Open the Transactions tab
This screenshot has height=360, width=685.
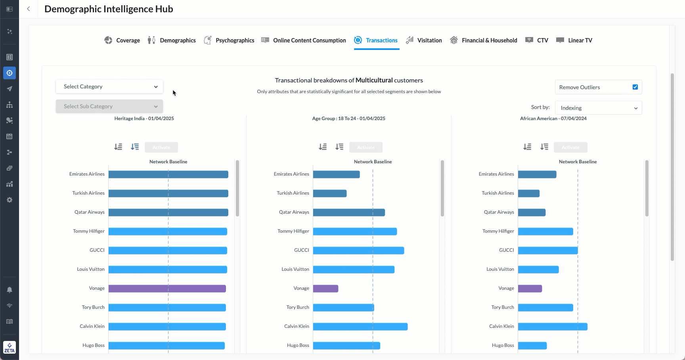click(x=376, y=40)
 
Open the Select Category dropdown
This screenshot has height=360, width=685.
click(x=109, y=87)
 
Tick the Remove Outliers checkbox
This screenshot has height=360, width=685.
click(x=635, y=87)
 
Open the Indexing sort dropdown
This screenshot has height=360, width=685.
click(x=598, y=108)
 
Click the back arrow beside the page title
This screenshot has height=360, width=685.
click(x=29, y=9)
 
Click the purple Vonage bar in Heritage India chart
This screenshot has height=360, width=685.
click(x=167, y=289)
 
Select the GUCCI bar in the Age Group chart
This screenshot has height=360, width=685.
click(x=358, y=251)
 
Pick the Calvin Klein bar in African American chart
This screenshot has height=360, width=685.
click(x=552, y=327)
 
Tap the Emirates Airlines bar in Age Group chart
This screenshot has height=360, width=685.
click(x=336, y=174)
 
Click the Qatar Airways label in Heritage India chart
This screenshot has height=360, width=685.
click(x=90, y=212)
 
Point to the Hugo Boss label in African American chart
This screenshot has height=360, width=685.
click(x=503, y=345)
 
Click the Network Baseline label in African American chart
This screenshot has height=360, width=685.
click(x=578, y=162)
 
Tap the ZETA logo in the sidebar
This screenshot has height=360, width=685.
click(x=10, y=347)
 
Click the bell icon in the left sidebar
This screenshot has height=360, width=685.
click(x=10, y=290)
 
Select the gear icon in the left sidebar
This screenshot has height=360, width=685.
click(x=10, y=200)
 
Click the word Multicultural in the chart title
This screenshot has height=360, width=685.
click(x=374, y=80)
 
